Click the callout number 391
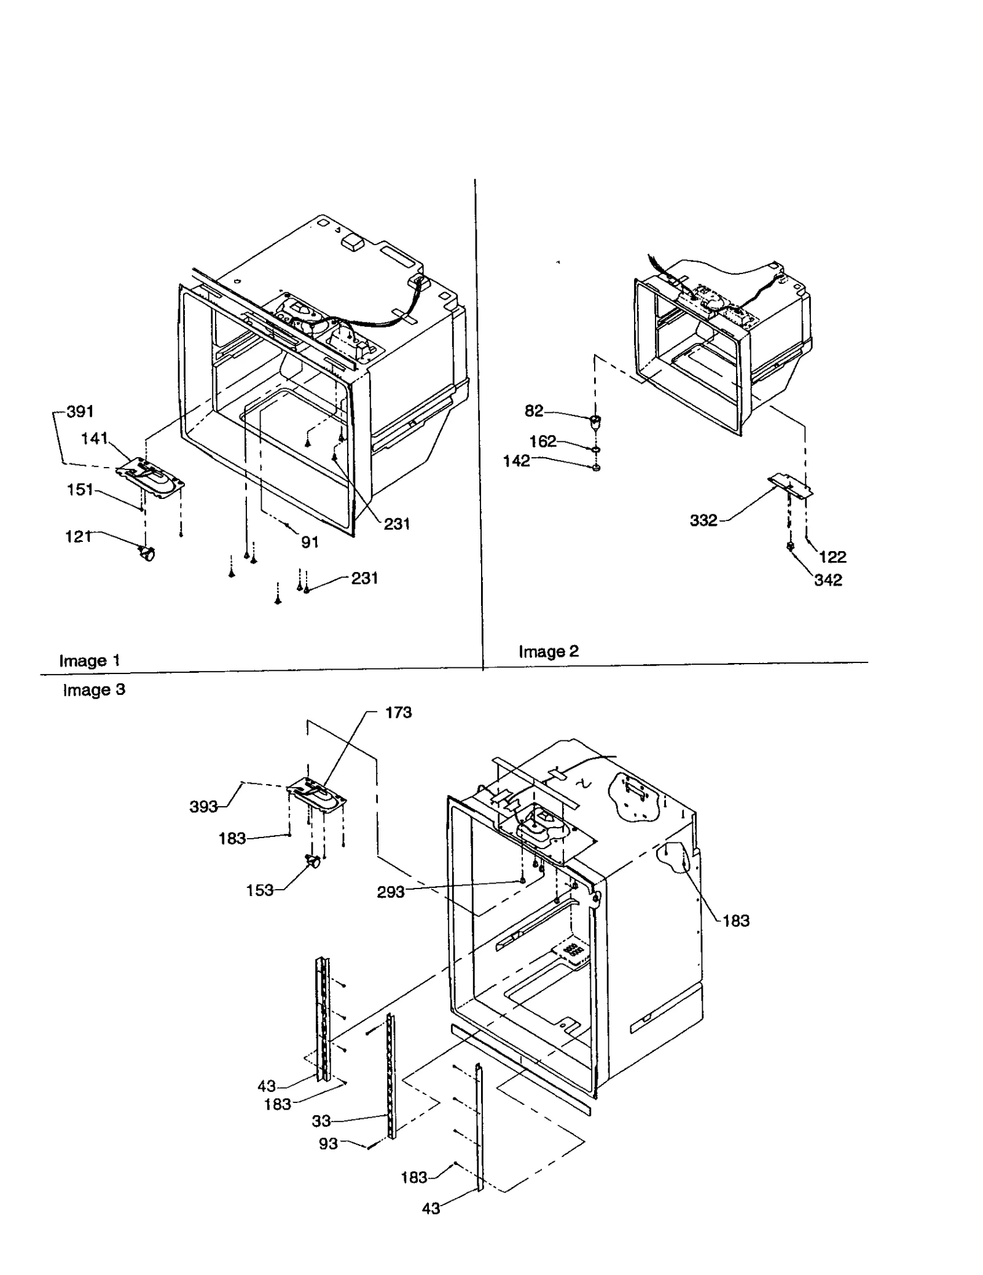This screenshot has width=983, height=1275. (x=80, y=412)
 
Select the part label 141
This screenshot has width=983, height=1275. (x=95, y=439)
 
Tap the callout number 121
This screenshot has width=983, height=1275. (x=78, y=537)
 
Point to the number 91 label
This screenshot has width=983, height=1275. (x=310, y=542)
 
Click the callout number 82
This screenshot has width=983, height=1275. (x=534, y=411)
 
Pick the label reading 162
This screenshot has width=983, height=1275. (x=542, y=441)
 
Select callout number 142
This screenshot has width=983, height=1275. (x=516, y=461)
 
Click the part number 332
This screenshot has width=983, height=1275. (x=703, y=521)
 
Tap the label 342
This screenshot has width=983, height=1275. (x=828, y=580)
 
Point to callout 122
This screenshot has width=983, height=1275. (x=832, y=557)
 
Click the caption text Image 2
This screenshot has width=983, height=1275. (x=549, y=651)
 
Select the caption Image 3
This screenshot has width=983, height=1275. (x=94, y=690)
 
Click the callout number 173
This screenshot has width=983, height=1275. (x=398, y=713)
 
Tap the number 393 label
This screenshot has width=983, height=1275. (x=203, y=807)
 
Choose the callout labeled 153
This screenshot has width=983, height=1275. (x=259, y=890)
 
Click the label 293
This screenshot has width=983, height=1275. (x=391, y=892)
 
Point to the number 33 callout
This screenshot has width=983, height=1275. (x=321, y=1121)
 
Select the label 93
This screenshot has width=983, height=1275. (x=328, y=1144)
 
